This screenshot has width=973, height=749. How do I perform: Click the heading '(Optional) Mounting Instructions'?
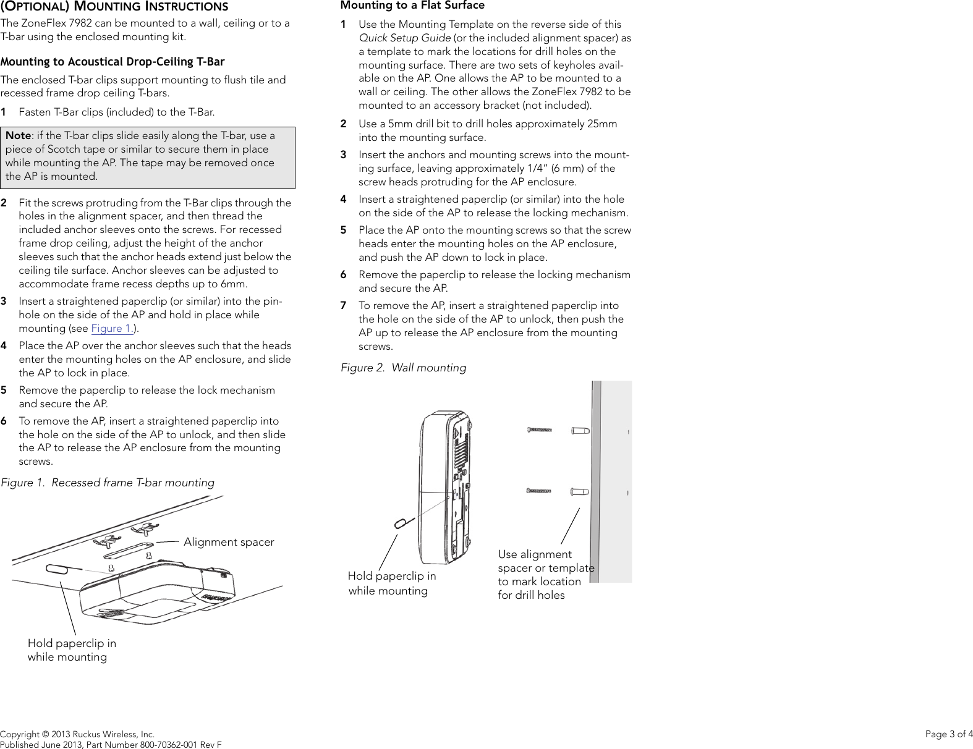tap(114, 7)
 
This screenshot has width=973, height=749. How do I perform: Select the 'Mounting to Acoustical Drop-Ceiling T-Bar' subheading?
tap(113, 62)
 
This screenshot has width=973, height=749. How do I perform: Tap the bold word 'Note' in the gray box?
tap(18, 135)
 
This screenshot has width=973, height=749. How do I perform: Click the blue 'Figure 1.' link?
tap(113, 329)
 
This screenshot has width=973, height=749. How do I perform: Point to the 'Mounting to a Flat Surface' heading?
tap(412, 6)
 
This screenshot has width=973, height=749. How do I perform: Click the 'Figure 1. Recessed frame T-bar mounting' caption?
tap(108, 483)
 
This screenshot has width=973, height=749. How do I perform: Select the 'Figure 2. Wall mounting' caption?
tap(403, 368)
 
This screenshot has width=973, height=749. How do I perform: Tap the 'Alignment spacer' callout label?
tap(229, 542)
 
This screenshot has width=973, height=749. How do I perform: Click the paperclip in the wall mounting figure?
tap(400, 523)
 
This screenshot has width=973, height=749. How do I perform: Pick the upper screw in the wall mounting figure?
tap(539, 430)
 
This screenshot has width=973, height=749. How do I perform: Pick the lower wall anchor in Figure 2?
tap(580, 492)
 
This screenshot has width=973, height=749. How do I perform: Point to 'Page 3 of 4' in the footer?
tap(948, 734)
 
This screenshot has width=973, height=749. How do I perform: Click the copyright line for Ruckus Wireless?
tap(77, 734)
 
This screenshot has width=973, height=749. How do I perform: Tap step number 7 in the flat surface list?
tap(343, 305)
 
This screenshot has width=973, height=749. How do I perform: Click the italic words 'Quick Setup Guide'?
tap(405, 38)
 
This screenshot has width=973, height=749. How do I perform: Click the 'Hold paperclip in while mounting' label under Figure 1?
tap(72, 650)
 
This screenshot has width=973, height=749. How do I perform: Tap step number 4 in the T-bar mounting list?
tap(4, 345)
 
